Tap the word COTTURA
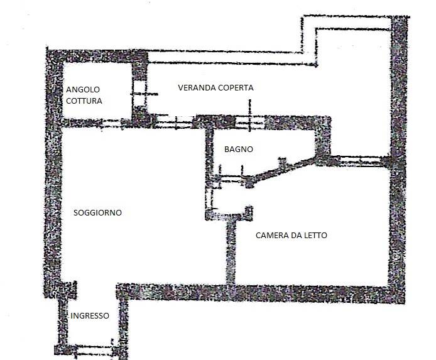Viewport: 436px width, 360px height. [84, 101]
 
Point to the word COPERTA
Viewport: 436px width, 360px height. [236, 88]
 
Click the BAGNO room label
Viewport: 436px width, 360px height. [239, 150]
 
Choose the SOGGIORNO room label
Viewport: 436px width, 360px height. [97, 212]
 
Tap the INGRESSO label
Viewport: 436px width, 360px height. [90, 316]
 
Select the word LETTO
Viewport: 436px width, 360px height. [315, 236]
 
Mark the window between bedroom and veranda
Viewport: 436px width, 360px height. [361, 161]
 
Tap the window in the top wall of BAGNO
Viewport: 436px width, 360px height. [249, 123]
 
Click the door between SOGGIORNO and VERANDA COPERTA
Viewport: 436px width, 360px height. [173, 122]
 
